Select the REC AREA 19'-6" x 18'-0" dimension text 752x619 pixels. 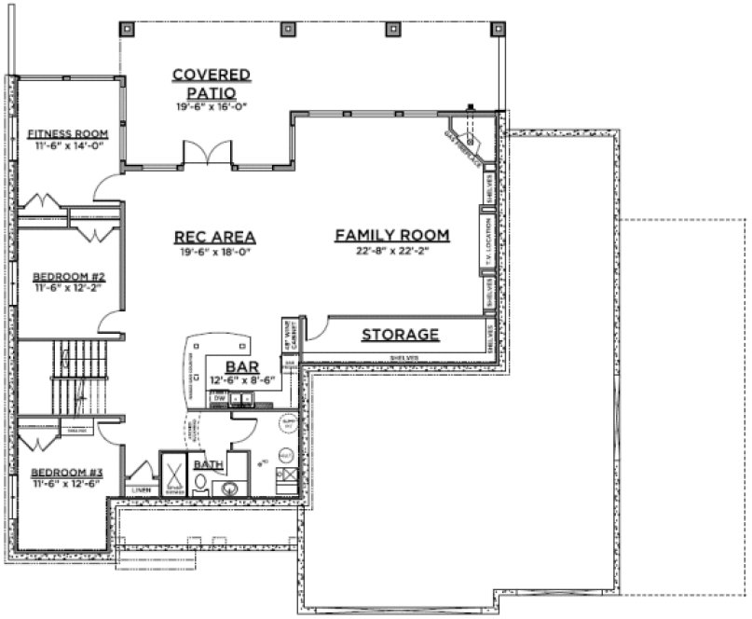(214, 252)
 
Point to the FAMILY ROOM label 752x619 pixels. (392, 235)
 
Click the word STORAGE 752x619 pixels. (400, 334)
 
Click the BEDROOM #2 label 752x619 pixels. (67, 277)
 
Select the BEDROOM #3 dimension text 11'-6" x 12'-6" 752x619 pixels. (65, 486)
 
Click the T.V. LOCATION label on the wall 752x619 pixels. (487, 244)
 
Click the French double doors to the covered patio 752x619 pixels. (207, 154)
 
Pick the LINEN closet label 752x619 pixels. (141, 488)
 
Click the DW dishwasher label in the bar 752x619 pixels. (220, 398)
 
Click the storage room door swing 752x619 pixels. (315, 328)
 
